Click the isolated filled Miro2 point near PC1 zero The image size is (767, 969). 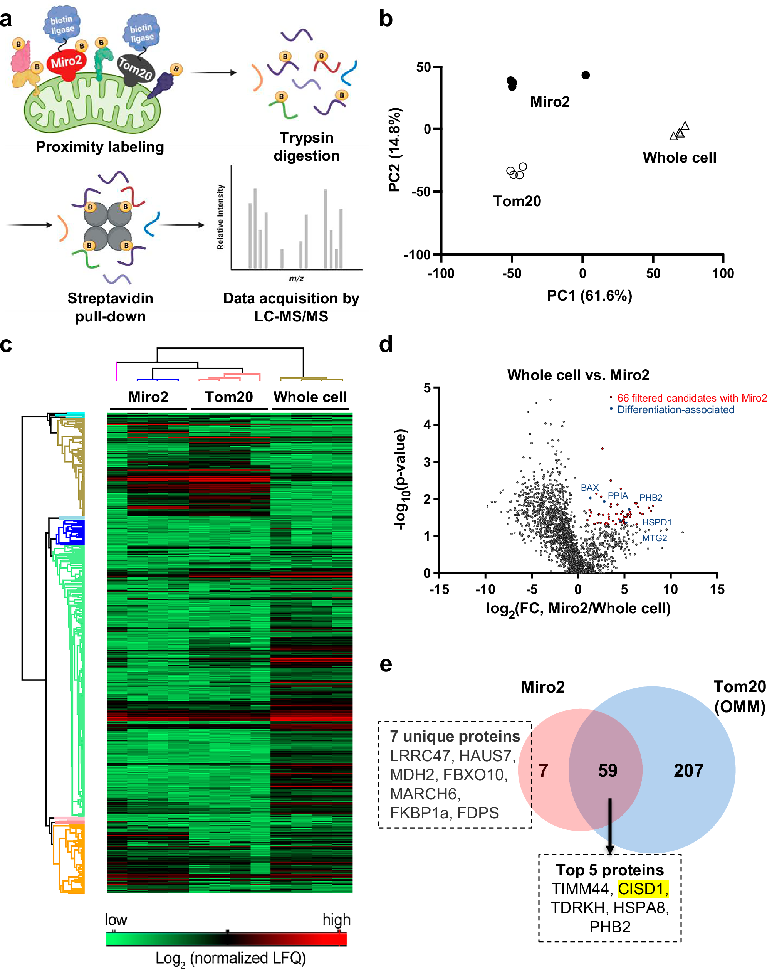click(x=585, y=75)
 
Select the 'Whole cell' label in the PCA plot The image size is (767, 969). click(x=679, y=158)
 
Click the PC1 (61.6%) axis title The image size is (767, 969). click(x=589, y=296)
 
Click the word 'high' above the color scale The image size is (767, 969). click(x=336, y=920)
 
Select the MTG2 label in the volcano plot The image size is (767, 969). click(x=654, y=538)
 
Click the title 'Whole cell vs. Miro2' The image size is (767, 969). click(x=578, y=375)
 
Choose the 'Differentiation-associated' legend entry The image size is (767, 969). click(x=675, y=410)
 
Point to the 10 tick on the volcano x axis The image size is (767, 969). click(x=670, y=589)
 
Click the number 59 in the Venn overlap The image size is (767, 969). click(x=607, y=770)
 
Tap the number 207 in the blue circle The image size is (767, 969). click(x=688, y=770)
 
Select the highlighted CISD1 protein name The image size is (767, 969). click(x=643, y=888)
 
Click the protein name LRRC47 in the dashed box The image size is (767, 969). click(x=418, y=755)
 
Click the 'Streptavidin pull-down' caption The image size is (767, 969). click(x=110, y=307)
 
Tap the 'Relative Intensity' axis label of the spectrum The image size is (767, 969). click(x=220, y=217)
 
